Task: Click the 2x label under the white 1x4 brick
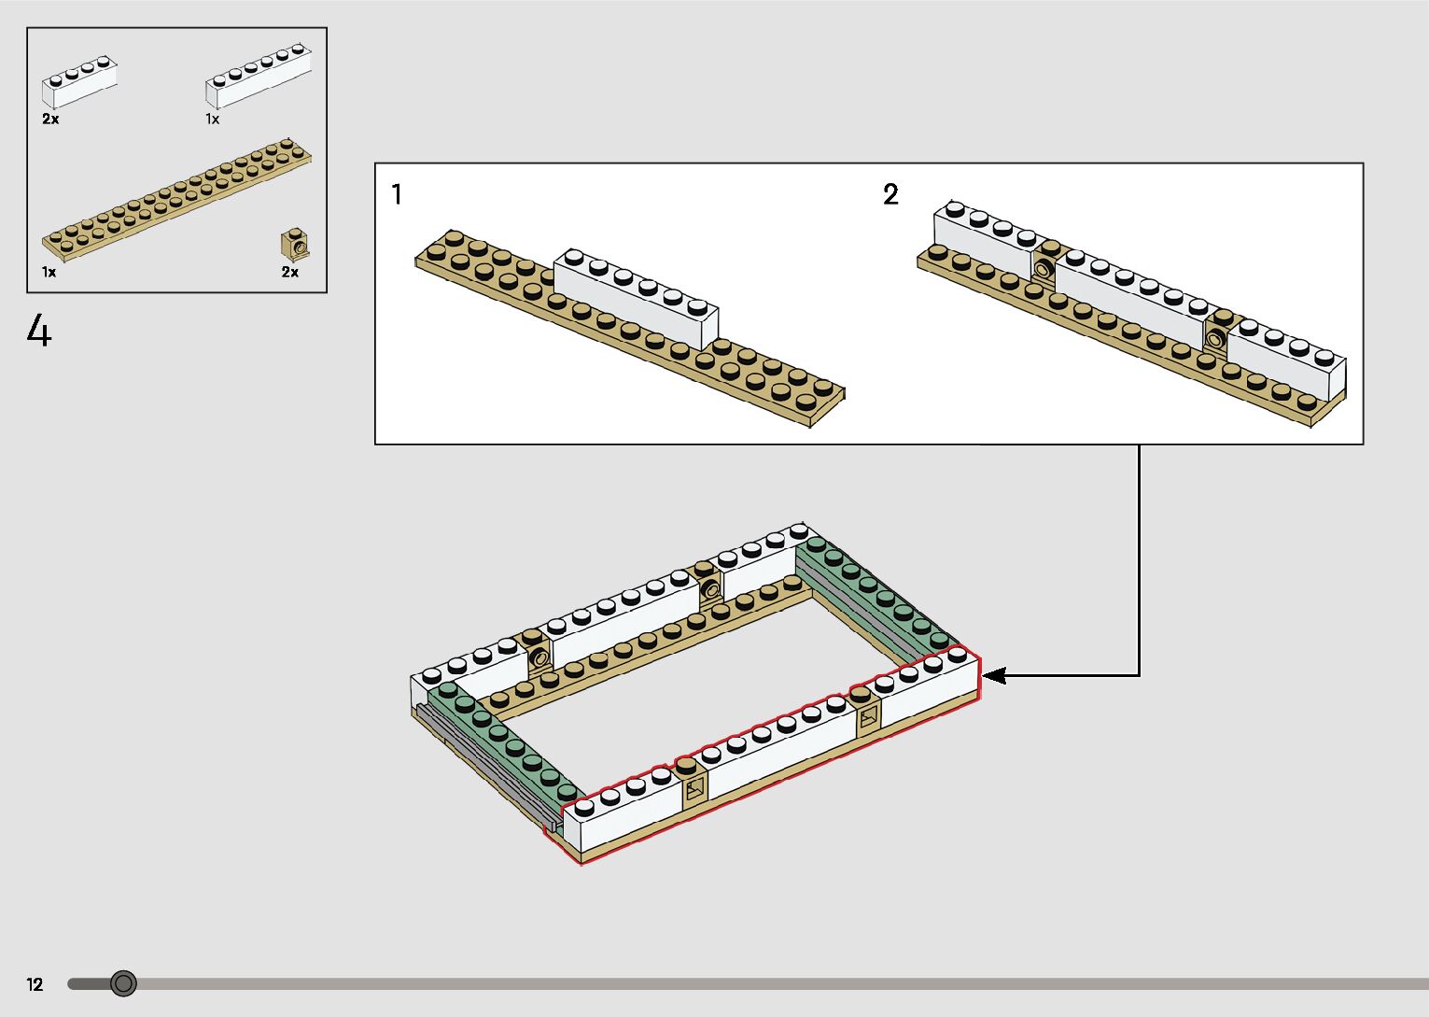point(50,120)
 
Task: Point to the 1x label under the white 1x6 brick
point(213,120)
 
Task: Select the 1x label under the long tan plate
point(49,273)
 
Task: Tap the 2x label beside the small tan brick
point(290,273)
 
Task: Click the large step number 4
point(39,332)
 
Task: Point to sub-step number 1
point(397,194)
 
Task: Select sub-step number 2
point(890,194)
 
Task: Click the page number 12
point(35,984)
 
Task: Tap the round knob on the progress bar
point(123,983)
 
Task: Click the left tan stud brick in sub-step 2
point(1044,265)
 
